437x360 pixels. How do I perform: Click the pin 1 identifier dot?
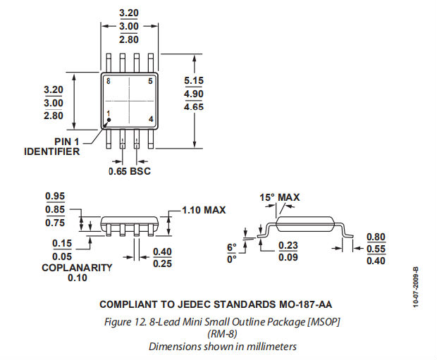point(109,120)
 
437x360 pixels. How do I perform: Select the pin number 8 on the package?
point(109,81)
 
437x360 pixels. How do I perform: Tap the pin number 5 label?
point(151,81)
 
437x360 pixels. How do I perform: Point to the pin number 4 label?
point(151,119)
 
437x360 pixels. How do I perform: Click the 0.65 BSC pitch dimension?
point(130,171)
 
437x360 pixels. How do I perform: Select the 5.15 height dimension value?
point(194,80)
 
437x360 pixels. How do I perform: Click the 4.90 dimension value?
point(194,94)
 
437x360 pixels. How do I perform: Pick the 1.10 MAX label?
point(204,210)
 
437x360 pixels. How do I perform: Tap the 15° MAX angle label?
point(280,197)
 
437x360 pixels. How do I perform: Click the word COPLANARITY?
point(77,268)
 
